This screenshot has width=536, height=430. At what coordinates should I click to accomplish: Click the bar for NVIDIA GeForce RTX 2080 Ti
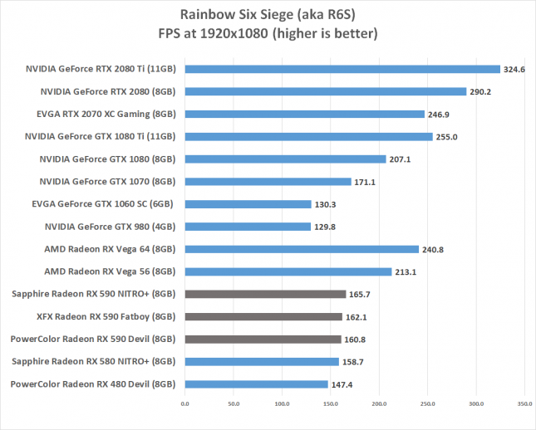click(x=342, y=69)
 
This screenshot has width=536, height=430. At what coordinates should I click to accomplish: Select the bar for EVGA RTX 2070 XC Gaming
click(x=304, y=114)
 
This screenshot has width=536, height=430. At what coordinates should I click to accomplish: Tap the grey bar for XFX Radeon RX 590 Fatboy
click(x=263, y=316)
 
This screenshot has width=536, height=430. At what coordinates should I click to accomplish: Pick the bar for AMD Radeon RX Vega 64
click(x=301, y=248)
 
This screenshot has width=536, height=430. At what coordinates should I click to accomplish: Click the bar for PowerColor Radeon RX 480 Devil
click(x=256, y=384)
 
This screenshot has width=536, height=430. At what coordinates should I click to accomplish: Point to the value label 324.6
click(x=515, y=70)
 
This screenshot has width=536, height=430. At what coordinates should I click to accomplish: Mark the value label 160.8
click(x=357, y=340)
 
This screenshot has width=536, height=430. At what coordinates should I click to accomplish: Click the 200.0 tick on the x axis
click(x=379, y=404)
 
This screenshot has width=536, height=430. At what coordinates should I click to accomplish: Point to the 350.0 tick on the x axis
click(x=524, y=404)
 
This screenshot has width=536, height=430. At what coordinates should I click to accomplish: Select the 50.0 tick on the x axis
click(x=233, y=404)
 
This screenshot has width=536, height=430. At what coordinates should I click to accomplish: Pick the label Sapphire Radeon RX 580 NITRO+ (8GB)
click(x=94, y=361)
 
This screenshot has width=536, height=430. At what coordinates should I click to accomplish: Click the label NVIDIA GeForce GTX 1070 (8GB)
click(x=107, y=181)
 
